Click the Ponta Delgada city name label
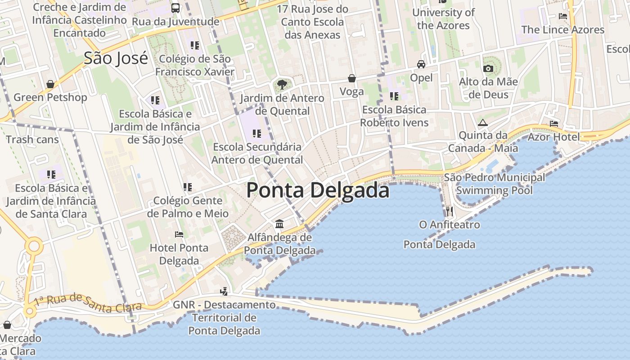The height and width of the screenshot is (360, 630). pos(318,190)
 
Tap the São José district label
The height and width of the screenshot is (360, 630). pos(116,58)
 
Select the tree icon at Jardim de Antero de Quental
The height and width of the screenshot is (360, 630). pos(282,84)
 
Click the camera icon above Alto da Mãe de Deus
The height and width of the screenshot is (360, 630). pos(488,68)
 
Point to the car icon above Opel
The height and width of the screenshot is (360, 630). pos(421,64)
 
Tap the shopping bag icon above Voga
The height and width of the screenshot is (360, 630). pos(352,78)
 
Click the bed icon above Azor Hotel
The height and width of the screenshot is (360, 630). pos(554,123)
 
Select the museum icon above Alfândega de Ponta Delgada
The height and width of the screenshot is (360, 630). pos(279,224)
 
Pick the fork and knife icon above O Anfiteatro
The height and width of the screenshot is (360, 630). pos(449,211)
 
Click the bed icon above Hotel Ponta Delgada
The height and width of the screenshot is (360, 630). pos(179,234)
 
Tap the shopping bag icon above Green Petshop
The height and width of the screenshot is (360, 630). pos(50,84)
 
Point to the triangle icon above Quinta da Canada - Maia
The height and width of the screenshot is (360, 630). pos(483,122)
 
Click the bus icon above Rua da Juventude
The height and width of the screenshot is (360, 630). pos(175,8)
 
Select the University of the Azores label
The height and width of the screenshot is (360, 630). pos(443,19)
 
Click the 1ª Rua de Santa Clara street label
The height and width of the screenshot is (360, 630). pos(88,303)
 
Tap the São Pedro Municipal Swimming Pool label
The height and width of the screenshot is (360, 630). pos(494,184)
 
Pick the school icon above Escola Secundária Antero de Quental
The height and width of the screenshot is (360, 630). pos(257,133)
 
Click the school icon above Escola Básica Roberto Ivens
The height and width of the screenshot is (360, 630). pos(394,96)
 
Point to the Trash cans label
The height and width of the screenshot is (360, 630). pos(32,139)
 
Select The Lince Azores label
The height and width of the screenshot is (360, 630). pos(562,30)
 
